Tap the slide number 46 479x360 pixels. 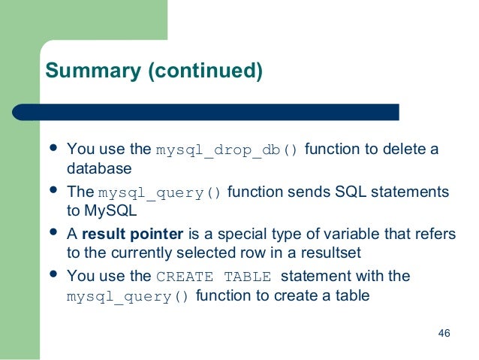443,334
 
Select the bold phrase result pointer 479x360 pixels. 132,234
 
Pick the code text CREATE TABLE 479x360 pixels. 214,277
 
